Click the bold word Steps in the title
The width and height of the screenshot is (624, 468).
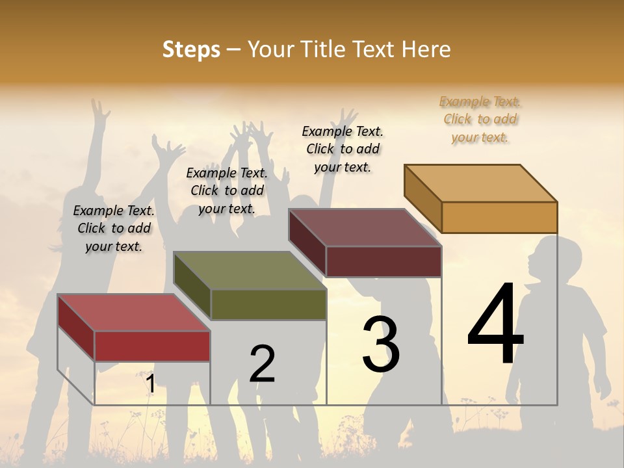(x=190, y=49)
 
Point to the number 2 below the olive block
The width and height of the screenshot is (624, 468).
(x=262, y=363)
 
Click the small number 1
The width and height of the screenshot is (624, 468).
(x=150, y=383)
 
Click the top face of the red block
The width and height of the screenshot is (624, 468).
(x=133, y=312)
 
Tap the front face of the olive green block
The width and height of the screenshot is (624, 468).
(x=268, y=304)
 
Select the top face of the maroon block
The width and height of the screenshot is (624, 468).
(x=364, y=227)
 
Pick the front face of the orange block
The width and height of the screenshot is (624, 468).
(x=499, y=217)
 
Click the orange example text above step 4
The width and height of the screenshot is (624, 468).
(x=480, y=119)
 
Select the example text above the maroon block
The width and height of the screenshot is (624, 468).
(x=343, y=149)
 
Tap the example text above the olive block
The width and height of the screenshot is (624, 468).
(x=227, y=190)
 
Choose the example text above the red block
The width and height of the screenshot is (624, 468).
(x=114, y=228)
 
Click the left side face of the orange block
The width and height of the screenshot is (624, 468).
(x=422, y=198)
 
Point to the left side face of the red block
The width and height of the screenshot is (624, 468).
(x=76, y=328)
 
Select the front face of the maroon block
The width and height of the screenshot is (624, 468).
(x=383, y=261)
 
